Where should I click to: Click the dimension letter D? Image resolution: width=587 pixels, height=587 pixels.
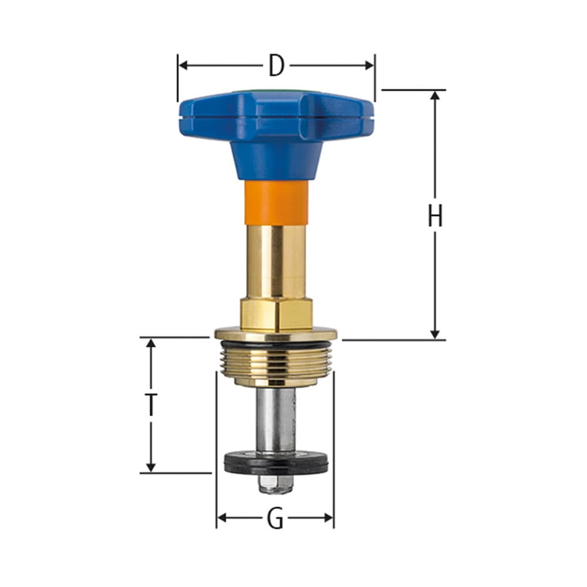point(276,66)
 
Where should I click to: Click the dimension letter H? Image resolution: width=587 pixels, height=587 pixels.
point(434,217)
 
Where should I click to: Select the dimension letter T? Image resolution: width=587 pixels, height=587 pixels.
point(151,404)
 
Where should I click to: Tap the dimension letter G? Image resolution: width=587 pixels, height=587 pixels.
point(275,518)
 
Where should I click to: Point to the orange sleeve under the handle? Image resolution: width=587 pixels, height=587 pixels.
point(276,201)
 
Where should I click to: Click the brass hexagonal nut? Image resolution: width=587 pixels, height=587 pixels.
point(276,314)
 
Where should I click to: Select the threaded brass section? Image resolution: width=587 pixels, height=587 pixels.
point(276,362)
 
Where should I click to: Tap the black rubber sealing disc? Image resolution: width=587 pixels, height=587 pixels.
point(276,464)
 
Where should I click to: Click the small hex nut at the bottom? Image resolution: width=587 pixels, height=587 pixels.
point(276,484)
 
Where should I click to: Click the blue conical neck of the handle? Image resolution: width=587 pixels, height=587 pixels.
point(276,158)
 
